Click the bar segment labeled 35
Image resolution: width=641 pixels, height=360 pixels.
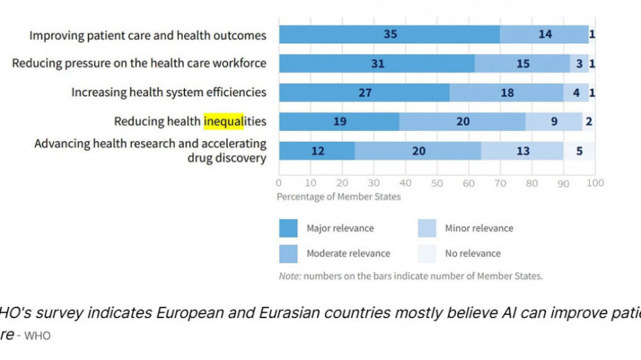point(390,35)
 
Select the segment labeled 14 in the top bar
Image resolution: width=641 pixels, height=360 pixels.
point(545,35)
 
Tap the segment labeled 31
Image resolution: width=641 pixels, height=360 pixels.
point(377,63)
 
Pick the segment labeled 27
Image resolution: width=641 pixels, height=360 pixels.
point(364,93)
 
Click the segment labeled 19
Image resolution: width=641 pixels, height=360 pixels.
point(339,122)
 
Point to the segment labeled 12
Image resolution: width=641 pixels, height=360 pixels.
point(317,151)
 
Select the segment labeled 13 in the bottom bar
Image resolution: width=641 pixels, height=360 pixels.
point(523,151)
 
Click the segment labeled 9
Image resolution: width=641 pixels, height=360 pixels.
point(554,122)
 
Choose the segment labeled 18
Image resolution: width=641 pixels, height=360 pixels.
point(507,93)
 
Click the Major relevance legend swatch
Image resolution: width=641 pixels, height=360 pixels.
point(288,228)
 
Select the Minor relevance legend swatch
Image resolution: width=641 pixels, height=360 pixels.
point(427,228)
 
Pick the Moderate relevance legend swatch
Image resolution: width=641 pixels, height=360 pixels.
point(288,253)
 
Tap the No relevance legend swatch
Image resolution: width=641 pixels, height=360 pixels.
point(427,253)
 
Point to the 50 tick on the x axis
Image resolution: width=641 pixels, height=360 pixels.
point(437,183)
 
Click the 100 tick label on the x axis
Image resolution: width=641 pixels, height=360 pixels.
point(595,183)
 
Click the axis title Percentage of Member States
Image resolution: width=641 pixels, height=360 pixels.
point(339,196)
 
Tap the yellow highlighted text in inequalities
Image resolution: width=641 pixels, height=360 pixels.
point(223,121)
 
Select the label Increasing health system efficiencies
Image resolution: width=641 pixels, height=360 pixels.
point(169,92)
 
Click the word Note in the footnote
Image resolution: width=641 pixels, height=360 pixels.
point(289,276)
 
